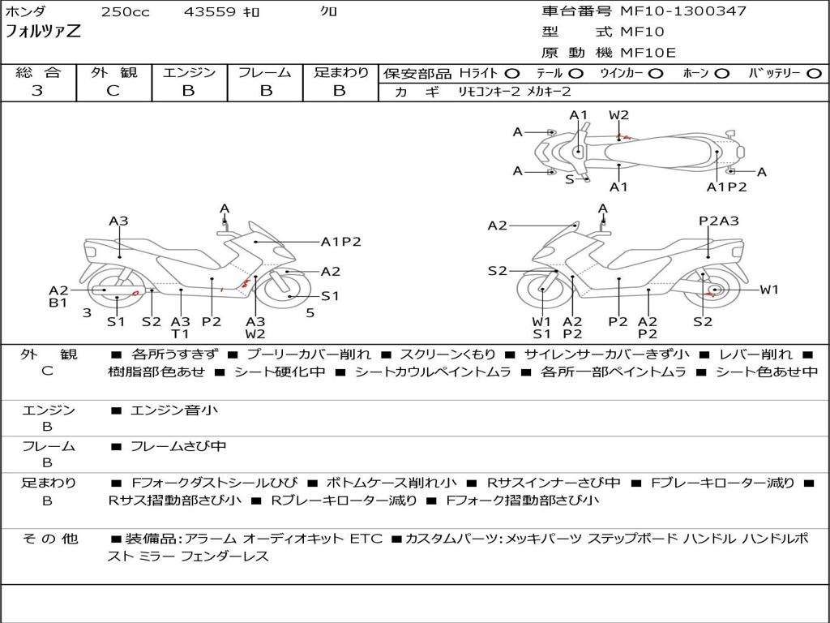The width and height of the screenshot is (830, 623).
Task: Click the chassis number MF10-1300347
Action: (683, 11)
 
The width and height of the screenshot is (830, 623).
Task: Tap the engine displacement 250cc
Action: (125, 12)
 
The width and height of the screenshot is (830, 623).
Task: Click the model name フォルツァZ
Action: (43, 32)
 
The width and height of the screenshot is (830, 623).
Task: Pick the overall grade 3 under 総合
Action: (37, 91)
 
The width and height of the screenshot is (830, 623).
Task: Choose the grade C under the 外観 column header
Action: (113, 91)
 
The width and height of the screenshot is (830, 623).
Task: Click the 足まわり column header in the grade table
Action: (341, 73)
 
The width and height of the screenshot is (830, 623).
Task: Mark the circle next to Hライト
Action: (512, 74)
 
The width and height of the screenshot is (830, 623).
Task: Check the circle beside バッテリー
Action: (814, 74)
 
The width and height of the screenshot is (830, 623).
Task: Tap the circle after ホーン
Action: (722, 74)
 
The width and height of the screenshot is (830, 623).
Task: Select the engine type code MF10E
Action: (648, 53)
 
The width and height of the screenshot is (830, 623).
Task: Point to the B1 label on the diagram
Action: (58, 303)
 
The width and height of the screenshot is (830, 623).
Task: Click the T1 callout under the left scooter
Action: (180, 333)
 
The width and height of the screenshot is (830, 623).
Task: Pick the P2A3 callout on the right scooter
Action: (718, 221)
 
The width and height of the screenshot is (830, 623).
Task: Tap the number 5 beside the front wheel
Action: (310, 312)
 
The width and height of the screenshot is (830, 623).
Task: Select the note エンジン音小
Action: (174, 410)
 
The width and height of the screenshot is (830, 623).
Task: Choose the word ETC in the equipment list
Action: (366, 539)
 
